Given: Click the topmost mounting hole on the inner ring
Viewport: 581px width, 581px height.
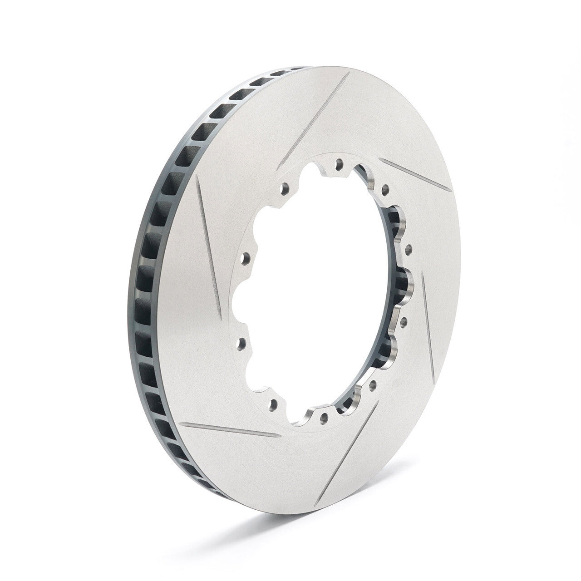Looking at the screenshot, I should (337, 162).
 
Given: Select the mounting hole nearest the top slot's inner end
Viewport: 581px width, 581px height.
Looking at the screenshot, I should (286, 187).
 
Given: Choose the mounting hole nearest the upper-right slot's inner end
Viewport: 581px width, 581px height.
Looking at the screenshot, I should (385, 187).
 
